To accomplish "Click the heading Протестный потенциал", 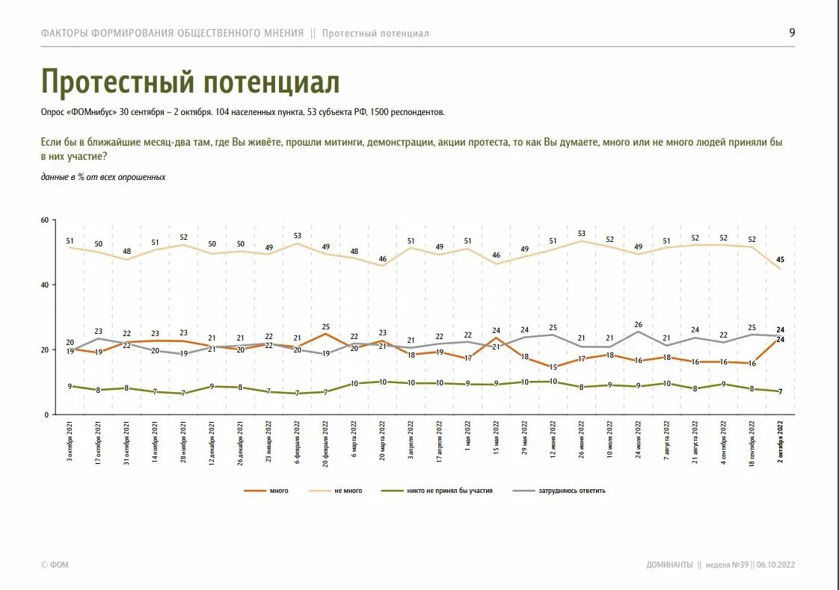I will (190, 82).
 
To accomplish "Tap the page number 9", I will (792, 32).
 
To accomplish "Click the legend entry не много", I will (348, 491).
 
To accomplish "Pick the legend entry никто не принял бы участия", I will (449, 491).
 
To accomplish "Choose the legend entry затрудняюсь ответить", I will (572, 491).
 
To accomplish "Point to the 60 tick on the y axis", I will (45, 220).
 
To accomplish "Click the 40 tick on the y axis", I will (45, 285).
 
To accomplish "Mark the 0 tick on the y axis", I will (46, 414).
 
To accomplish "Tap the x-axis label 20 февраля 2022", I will (326, 441).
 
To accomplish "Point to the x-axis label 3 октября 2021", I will (70, 441).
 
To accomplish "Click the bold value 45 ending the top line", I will (781, 260).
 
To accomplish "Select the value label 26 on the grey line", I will (638, 325).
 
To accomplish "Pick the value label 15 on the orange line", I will (553, 367).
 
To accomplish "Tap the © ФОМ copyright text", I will (55, 565).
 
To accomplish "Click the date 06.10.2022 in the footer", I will (775, 565).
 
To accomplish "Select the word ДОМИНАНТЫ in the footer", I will (669, 565).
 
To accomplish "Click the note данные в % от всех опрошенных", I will (103, 177).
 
